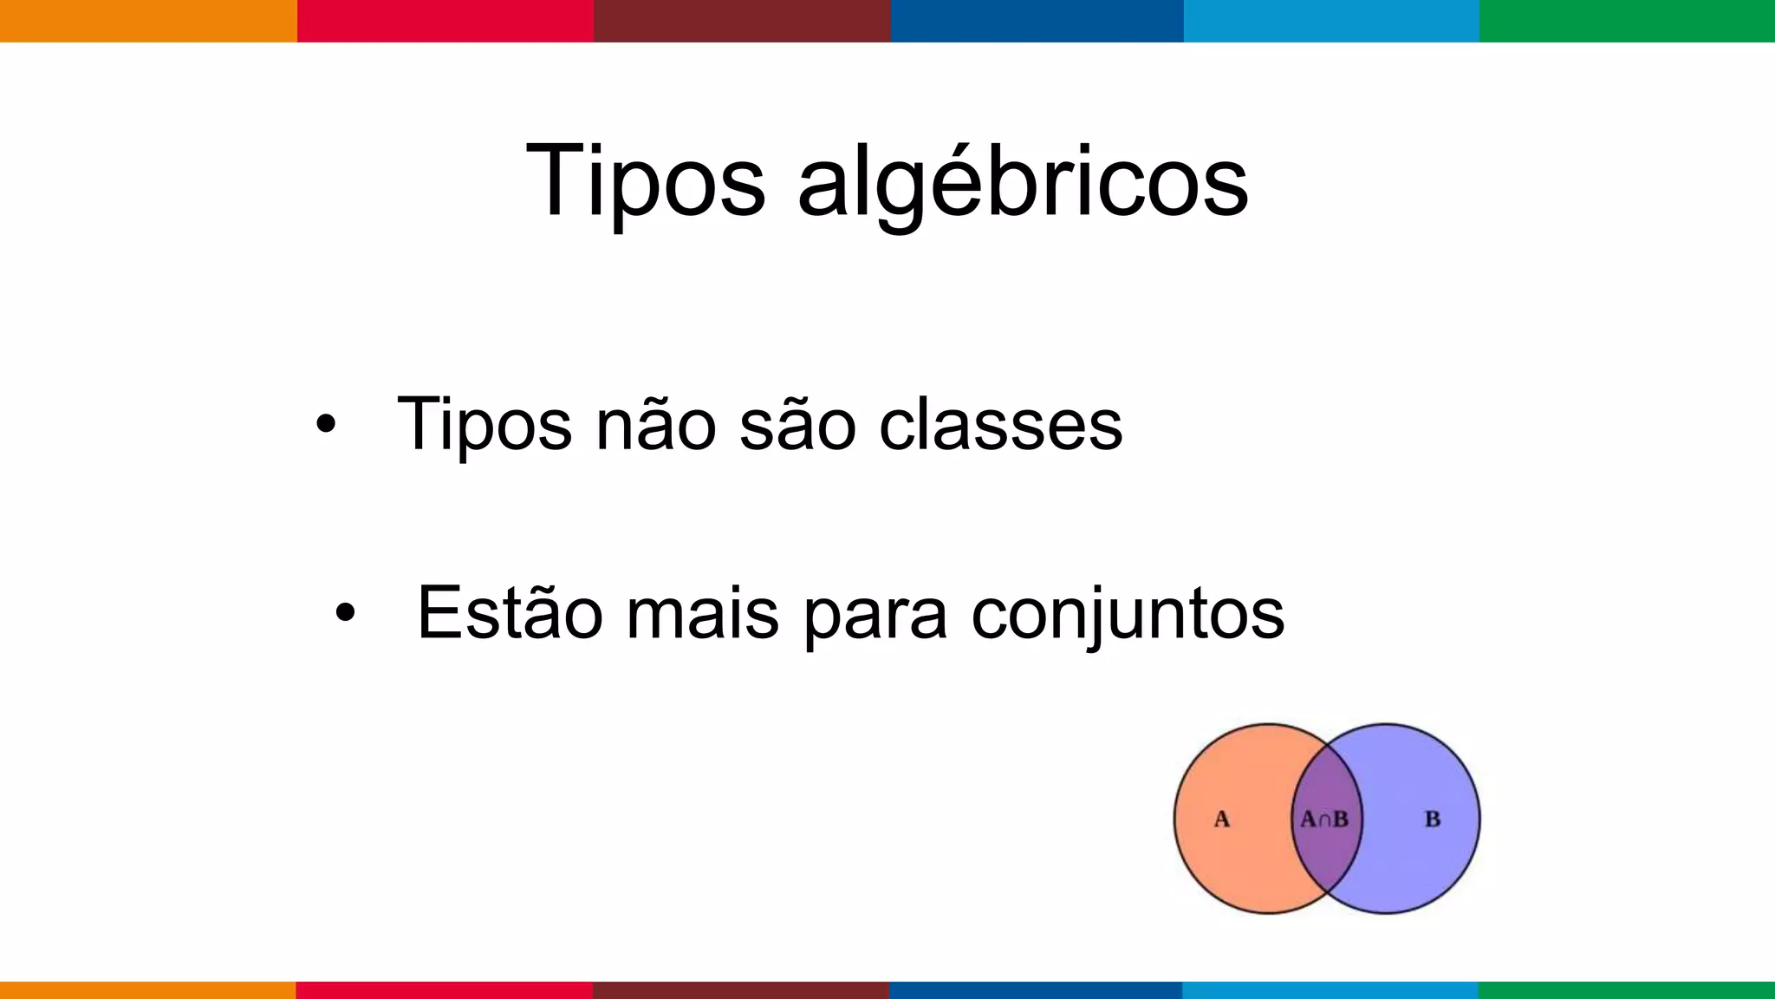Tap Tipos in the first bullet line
pyautogui.click(x=484, y=425)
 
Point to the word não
pyautogui.click(x=655, y=425)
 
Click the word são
pyautogui.click(x=798, y=425)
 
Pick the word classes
pyautogui.click(x=1000, y=425)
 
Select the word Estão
pyautogui.click(x=510, y=613)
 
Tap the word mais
pyautogui.click(x=702, y=613)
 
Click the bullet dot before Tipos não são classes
pyautogui.click(x=325, y=424)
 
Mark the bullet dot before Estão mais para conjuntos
pyautogui.click(x=345, y=612)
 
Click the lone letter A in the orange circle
pyautogui.click(x=1221, y=819)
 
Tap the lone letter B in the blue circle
pyautogui.click(x=1433, y=819)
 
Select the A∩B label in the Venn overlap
pyautogui.click(x=1324, y=819)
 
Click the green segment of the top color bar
pyautogui.click(x=1627, y=21)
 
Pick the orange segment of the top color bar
pyautogui.click(x=148, y=21)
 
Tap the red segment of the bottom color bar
pyautogui.click(x=445, y=989)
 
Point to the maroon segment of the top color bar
pyautogui.click(x=742, y=21)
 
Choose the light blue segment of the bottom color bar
pyautogui.click(x=1330, y=989)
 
